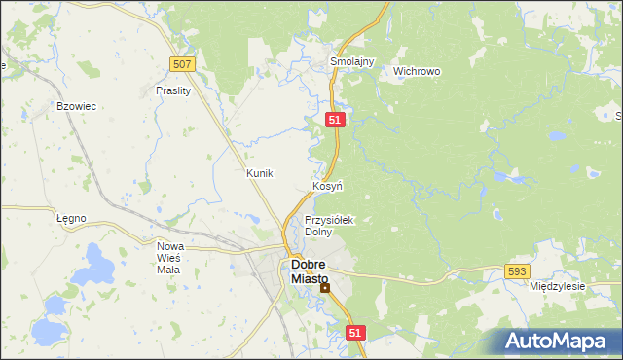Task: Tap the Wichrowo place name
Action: pos(417,71)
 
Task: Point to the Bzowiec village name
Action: pos(76,105)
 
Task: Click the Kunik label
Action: pos(260,173)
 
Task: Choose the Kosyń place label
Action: pos(326,185)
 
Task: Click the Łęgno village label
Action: pos(71,218)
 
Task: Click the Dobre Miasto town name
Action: pos(310,271)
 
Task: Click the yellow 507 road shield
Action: pos(182,64)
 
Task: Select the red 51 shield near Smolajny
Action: pos(334,119)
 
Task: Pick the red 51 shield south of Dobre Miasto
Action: pos(355,333)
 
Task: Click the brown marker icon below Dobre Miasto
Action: pos(325,288)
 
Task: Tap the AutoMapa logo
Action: pos(556,341)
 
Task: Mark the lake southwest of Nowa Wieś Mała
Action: pos(48,331)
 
